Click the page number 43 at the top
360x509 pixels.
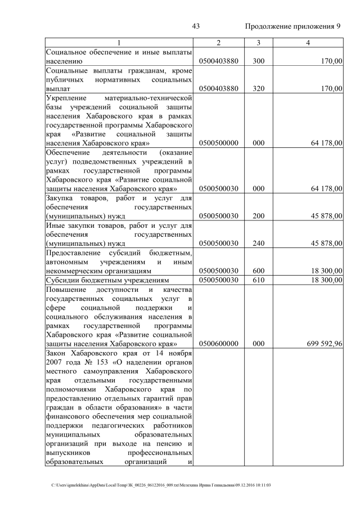coord(196,26)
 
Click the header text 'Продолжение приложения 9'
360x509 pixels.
coord(292,26)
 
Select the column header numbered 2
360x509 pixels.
coord(218,43)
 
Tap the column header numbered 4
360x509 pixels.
coord(307,43)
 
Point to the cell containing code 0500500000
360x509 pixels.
coord(219,143)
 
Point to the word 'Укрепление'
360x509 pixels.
coord(66,98)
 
